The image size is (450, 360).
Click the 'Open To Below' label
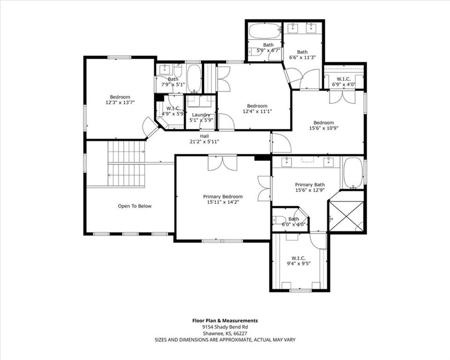point(135,206)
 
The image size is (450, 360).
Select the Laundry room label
point(201,115)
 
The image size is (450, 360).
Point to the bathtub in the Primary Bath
point(353,173)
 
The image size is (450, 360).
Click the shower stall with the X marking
point(346,216)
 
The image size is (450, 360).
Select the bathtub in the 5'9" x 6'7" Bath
point(264,31)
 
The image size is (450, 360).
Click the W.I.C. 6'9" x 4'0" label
point(344,82)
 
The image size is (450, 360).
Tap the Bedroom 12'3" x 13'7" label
point(120,99)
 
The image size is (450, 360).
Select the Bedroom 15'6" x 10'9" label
point(324,125)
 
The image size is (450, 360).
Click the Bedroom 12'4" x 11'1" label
point(257,109)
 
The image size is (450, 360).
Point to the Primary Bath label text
point(310,185)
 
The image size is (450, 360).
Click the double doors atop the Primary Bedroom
point(223,163)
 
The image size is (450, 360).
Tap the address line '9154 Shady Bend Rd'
point(225,327)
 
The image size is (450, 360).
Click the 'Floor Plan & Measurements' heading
point(225,321)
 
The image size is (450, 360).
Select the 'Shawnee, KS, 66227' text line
point(225,333)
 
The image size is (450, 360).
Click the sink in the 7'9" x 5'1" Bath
point(165,69)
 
